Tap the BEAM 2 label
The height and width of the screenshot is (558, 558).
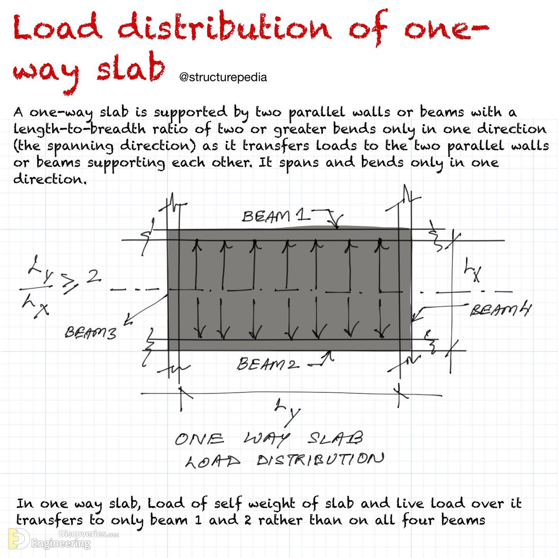[x=268, y=364]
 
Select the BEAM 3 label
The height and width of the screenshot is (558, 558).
[x=90, y=332]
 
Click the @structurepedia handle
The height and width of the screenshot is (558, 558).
[x=223, y=77]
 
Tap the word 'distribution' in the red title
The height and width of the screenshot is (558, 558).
[x=224, y=28]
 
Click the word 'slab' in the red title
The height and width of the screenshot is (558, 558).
[x=131, y=69]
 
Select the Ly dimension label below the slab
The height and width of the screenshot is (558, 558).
[x=288, y=412]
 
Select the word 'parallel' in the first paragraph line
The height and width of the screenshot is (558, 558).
[x=317, y=113]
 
